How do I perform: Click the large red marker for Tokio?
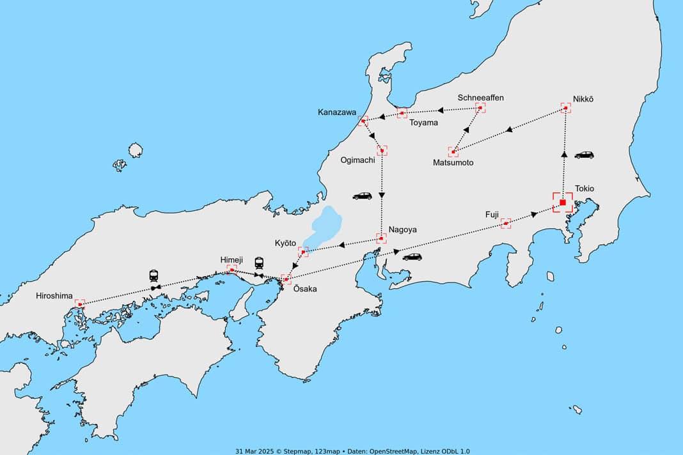point(563,203)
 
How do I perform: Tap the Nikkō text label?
point(583,98)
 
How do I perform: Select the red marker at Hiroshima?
point(80,304)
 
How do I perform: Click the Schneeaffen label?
point(481,98)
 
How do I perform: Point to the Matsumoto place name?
point(453,163)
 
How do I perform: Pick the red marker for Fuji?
point(506,223)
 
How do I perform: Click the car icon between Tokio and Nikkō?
point(584,155)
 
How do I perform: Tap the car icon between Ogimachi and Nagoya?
point(362,196)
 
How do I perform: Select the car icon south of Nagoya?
point(412,257)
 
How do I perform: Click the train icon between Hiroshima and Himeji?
point(154,275)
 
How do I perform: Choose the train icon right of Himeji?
point(259,263)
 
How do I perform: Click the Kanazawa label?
point(337,112)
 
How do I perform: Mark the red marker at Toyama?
point(402,113)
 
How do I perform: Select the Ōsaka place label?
point(304,289)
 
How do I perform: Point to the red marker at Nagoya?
point(382,238)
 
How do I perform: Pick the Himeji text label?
point(232,259)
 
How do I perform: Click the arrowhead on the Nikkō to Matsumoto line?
point(509,130)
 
